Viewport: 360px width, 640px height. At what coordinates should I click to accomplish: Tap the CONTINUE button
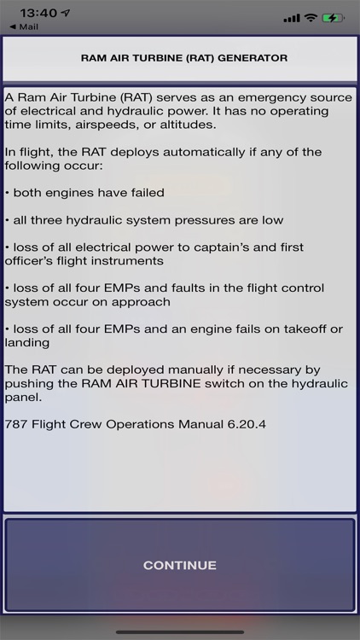[x=179, y=565]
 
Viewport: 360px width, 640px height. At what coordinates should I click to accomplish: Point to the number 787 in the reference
[x=17, y=423]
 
